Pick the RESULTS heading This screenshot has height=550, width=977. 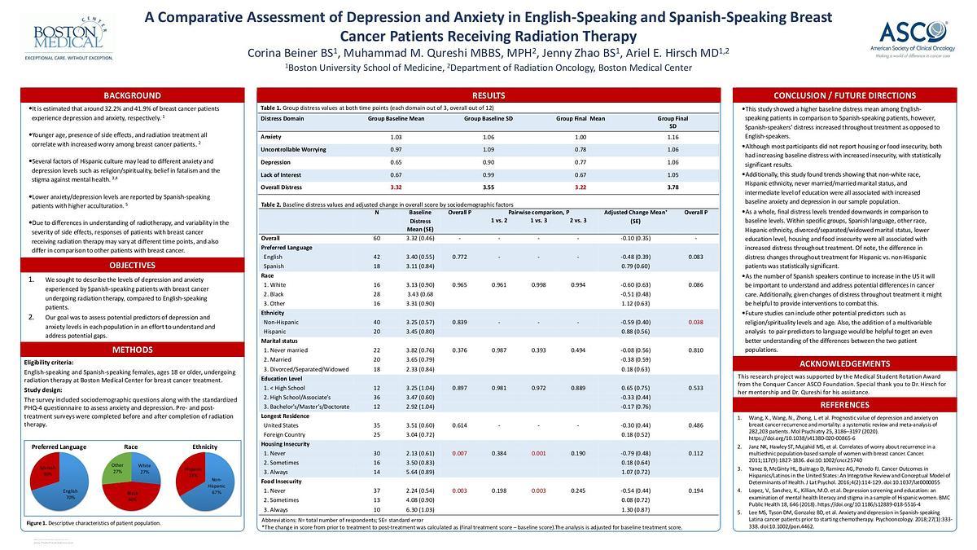(488, 95)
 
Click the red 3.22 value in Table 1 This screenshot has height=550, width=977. (581, 187)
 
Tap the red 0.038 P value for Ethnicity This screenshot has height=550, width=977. (695, 322)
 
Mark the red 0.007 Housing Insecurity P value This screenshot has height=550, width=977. (460, 452)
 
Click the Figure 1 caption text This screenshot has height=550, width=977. (94, 523)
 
